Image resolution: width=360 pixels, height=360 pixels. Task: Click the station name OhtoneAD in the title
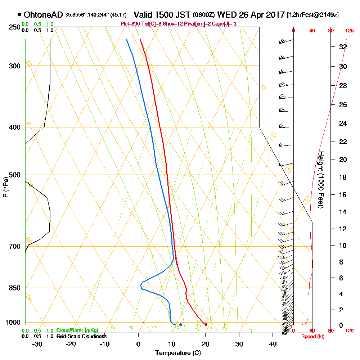pyautogui.click(x=43, y=15)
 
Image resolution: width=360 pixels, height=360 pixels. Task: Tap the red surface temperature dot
pyautogui.click(x=206, y=325)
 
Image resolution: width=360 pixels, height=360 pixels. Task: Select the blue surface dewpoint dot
pyautogui.click(x=181, y=325)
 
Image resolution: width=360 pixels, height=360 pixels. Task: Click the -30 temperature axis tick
pyautogui.click(x=37, y=343)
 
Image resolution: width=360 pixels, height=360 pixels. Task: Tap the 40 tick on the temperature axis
pyautogui.click(x=273, y=343)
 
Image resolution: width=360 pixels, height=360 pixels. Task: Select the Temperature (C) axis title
pyautogui.click(x=178, y=353)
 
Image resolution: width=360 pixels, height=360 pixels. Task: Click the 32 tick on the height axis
pyautogui.click(x=343, y=47)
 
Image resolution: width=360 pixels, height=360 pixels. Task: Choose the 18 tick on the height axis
pyautogui.click(x=343, y=177)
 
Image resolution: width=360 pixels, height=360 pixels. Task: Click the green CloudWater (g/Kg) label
pyautogui.click(x=77, y=330)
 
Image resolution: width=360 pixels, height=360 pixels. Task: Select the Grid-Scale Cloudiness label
pyautogui.click(x=81, y=336)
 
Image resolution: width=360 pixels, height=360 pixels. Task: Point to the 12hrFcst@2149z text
pyautogui.click(x=312, y=15)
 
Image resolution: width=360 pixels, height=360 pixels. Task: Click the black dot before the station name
pyautogui.click(x=19, y=15)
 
